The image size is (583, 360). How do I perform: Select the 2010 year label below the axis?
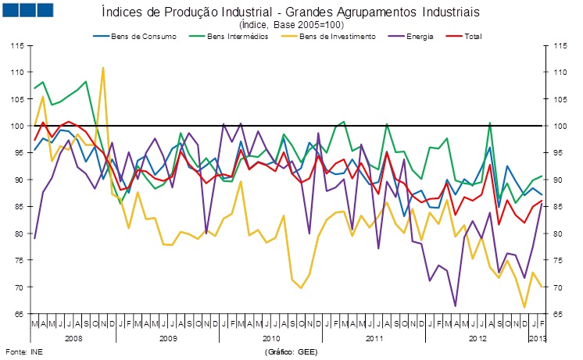click(x=271, y=337)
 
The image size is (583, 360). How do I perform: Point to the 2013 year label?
click(x=538, y=337)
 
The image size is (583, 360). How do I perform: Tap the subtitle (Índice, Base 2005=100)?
click(x=290, y=25)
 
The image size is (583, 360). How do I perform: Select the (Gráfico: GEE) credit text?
click(x=291, y=352)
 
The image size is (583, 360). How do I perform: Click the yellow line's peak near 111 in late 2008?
click(x=103, y=68)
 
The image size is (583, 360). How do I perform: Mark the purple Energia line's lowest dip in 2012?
click(x=456, y=305)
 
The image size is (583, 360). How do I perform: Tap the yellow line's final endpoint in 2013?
click(x=542, y=287)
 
